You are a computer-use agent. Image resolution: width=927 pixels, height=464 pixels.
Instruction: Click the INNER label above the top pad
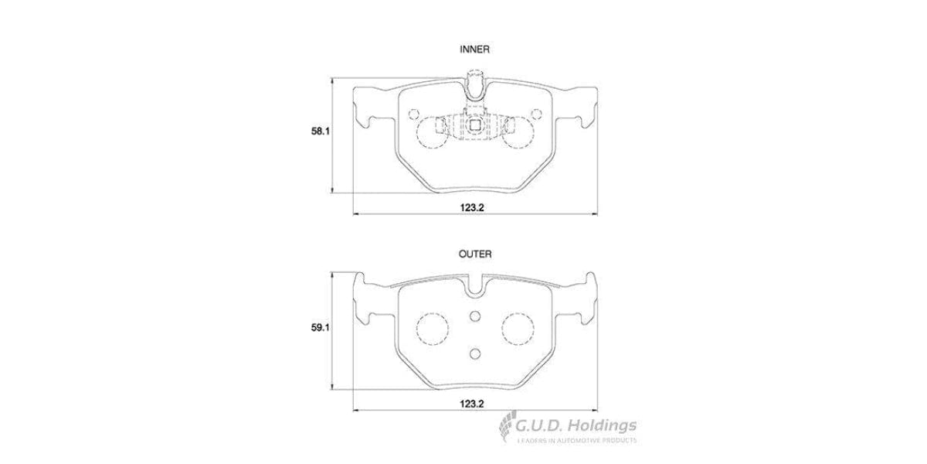click(x=474, y=49)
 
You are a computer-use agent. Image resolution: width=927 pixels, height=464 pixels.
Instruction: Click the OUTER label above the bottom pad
click(x=474, y=254)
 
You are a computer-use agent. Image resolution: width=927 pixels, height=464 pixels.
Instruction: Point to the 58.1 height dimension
click(x=321, y=132)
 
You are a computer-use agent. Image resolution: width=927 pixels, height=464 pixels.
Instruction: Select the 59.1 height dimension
click(x=321, y=327)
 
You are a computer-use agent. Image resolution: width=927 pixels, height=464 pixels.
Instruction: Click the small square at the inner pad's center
click(x=475, y=124)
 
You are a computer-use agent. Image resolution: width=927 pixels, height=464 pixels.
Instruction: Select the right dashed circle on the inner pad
click(x=518, y=129)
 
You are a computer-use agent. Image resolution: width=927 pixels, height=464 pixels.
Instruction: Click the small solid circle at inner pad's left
click(x=412, y=113)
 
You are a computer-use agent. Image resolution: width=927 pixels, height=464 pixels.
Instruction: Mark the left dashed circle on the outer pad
click(x=432, y=329)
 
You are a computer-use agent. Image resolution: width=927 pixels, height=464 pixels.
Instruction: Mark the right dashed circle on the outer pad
click(x=518, y=329)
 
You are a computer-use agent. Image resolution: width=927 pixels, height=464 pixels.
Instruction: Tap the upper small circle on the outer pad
click(x=475, y=315)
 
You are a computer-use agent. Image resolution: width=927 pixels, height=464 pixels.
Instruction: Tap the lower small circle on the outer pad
click(x=475, y=353)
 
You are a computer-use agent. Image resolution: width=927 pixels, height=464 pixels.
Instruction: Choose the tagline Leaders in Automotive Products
click(x=576, y=441)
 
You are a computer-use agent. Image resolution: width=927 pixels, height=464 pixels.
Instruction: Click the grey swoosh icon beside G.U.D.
click(x=506, y=427)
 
